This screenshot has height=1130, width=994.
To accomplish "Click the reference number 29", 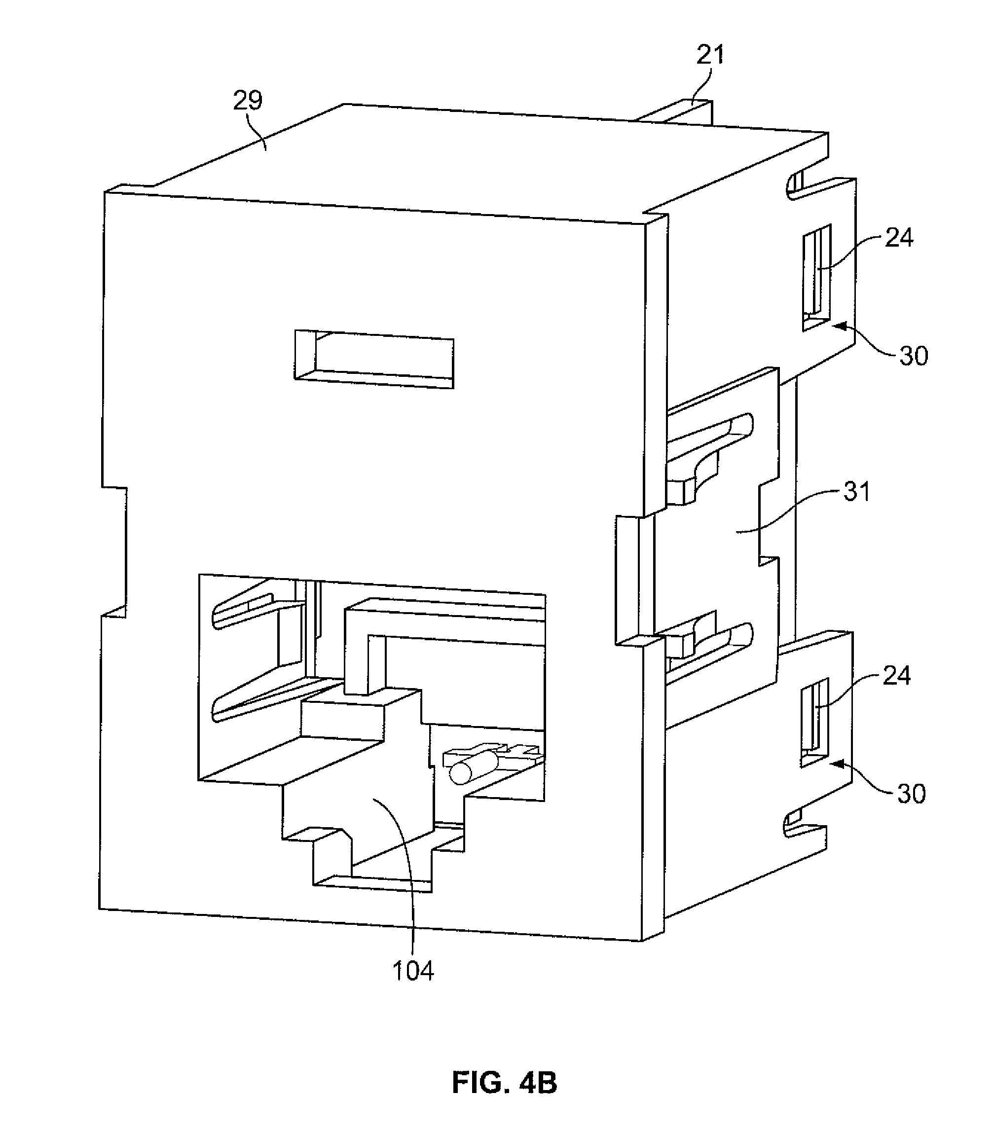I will pyautogui.click(x=247, y=101).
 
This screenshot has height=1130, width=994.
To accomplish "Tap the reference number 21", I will pyautogui.click(x=710, y=56).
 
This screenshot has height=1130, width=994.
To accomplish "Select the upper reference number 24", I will pyautogui.click(x=899, y=238).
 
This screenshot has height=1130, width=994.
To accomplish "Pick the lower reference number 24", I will pyautogui.click(x=896, y=676).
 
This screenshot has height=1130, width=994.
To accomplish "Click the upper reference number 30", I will pyautogui.click(x=913, y=356).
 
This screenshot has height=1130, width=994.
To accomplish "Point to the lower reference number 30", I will pyautogui.click(x=911, y=794).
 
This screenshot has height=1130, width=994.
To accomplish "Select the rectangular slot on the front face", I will pyautogui.click(x=374, y=360).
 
